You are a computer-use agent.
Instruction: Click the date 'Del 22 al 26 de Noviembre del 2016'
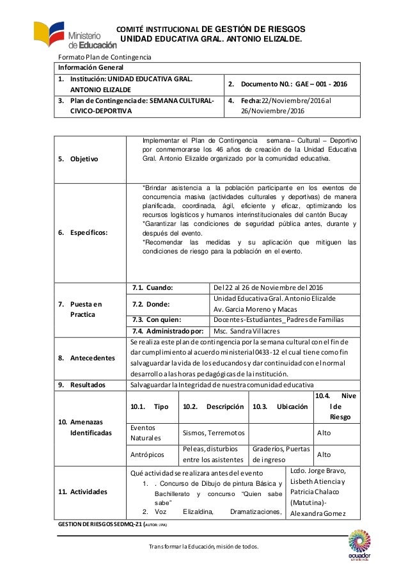[269, 287]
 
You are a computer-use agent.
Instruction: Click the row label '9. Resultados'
[83, 384]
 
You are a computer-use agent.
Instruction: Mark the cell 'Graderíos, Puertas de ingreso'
[278, 454]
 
